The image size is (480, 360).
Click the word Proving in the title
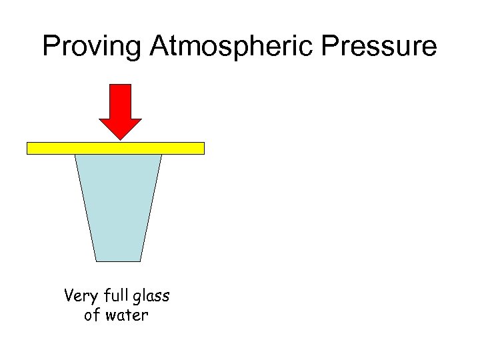[92, 47]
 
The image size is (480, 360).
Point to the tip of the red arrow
[120, 139]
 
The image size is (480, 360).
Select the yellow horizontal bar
[115, 148]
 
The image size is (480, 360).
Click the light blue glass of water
[118, 207]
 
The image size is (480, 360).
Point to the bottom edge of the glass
[118, 261]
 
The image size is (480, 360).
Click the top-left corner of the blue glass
[75, 155]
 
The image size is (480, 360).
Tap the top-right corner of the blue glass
[161, 155]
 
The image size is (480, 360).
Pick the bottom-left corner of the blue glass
[96, 261]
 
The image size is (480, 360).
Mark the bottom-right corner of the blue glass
[141, 261]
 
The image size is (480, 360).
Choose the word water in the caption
[126, 315]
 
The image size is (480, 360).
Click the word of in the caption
[91, 315]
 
